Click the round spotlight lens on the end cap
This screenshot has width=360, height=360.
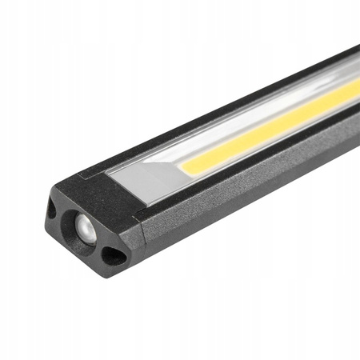84,227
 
